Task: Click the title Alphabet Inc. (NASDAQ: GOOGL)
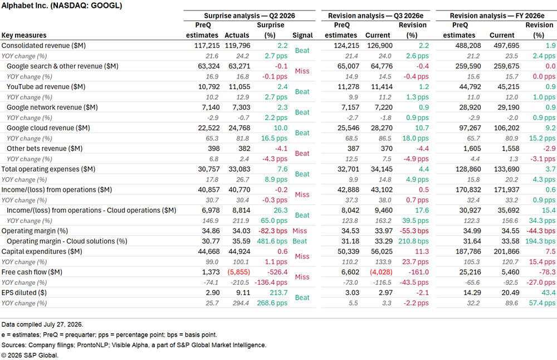pos(62,6)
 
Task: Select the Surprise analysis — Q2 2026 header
pos(250,16)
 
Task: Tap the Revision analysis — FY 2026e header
pos(497,16)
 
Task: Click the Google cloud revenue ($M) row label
pos(48,128)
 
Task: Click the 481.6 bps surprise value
pos(272,241)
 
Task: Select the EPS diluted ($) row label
pos(24,293)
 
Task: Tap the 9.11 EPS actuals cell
pos(243,293)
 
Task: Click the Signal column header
pos(302,35)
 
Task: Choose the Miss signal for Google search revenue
pos(302,71)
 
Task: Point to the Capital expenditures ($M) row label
pos(42,251)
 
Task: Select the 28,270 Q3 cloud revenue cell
pos(382,128)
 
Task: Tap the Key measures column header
pos(24,35)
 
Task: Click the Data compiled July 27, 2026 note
pos(42,324)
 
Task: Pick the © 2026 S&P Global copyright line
pos(30,356)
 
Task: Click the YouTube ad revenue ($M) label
pos(46,87)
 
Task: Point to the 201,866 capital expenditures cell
pos(506,251)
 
